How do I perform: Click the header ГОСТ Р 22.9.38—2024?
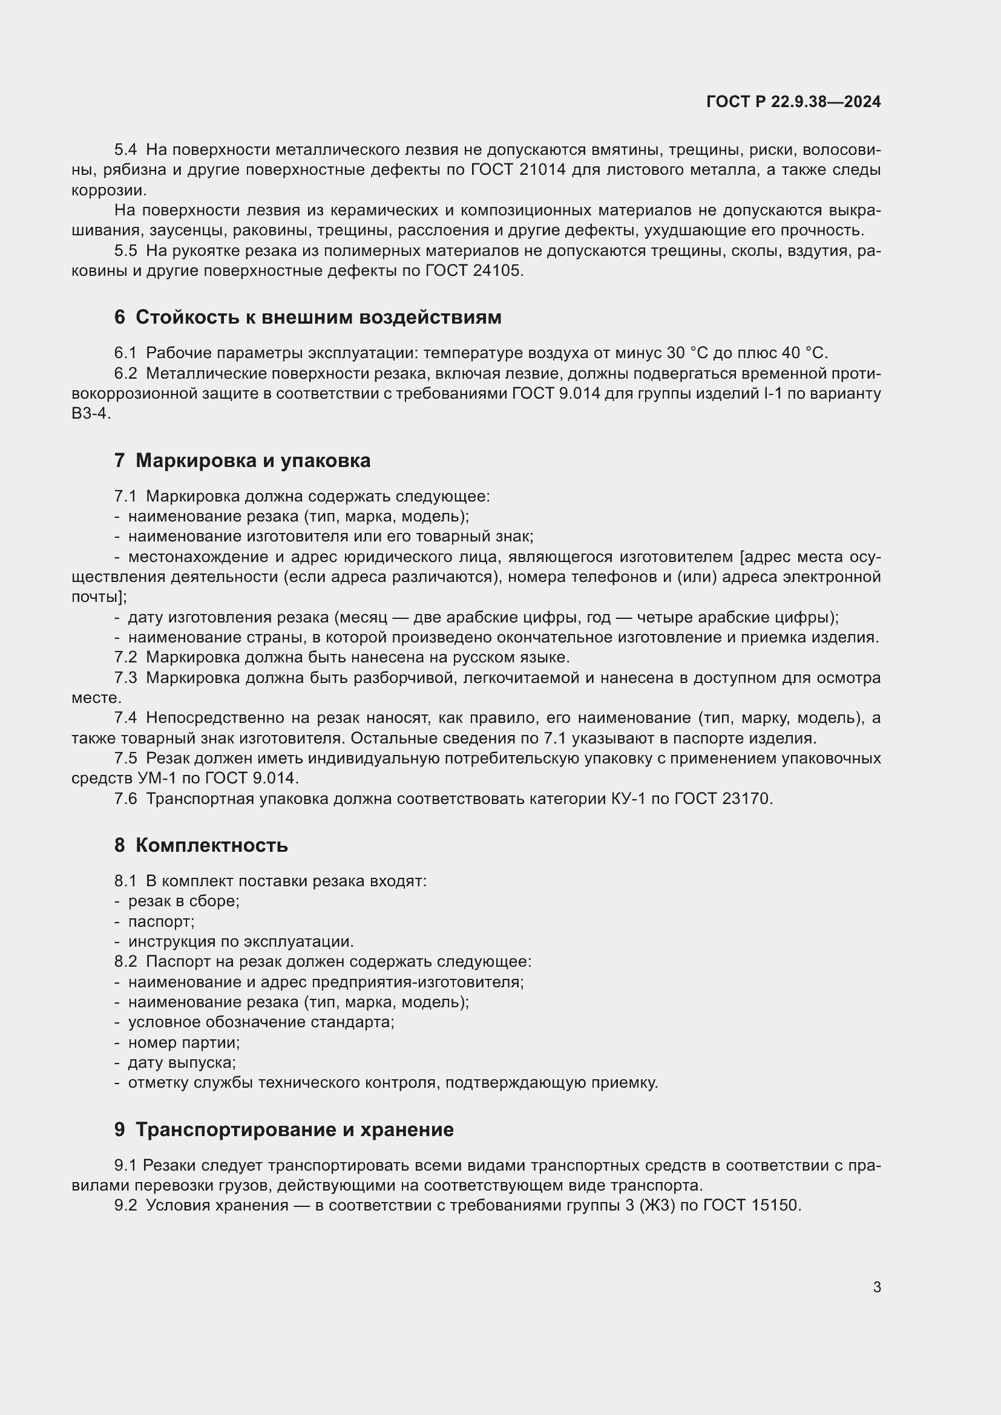(793, 102)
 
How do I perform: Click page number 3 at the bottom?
(876, 1287)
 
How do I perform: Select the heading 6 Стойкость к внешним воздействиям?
(307, 318)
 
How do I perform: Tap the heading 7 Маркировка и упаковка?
(242, 460)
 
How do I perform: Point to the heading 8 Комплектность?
(201, 845)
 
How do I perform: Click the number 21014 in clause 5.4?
(542, 170)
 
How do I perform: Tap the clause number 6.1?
(125, 353)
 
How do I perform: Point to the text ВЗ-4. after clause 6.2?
(91, 414)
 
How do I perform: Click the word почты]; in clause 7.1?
(99, 596)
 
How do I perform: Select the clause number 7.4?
(125, 717)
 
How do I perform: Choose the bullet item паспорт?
(162, 921)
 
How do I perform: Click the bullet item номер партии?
(184, 1042)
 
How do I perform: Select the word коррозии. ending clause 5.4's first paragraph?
(109, 190)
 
